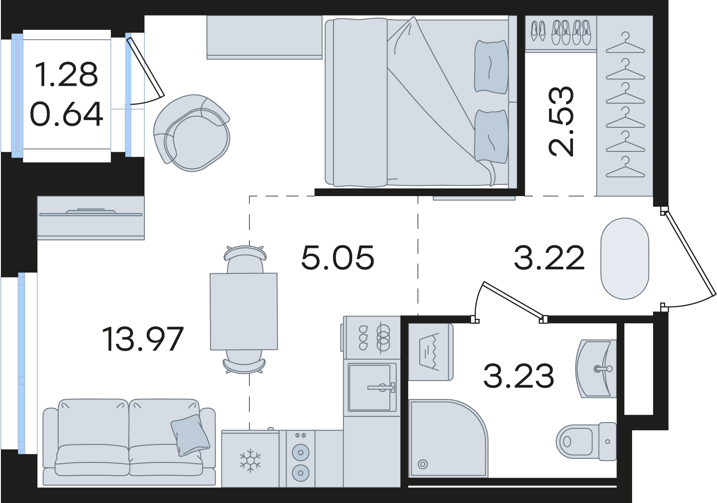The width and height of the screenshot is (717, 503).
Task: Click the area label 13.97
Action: pyautogui.click(x=143, y=339)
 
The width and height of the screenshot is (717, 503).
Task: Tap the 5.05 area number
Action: pyautogui.click(x=337, y=257)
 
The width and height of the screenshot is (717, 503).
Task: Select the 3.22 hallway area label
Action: pyautogui.click(x=549, y=257)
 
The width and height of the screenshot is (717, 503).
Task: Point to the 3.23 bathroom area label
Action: pyautogui.click(x=519, y=376)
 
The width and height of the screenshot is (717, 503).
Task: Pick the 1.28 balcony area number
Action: pyautogui.click(x=66, y=74)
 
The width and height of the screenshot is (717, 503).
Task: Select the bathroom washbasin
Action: pyautogui.click(x=596, y=369)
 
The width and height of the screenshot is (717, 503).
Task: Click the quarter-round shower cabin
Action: pyautogui.click(x=448, y=443)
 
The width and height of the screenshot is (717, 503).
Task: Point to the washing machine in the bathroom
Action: pyautogui.click(x=430, y=352)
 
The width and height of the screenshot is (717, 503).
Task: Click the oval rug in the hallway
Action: pyautogui.click(x=624, y=259)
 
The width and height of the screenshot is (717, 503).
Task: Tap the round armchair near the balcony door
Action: pyautogui.click(x=191, y=133)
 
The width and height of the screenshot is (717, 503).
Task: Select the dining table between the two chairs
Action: pyautogui.click(x=244, y=311)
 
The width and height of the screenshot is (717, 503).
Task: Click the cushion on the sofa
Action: pyautogui.click(x=190, y=435)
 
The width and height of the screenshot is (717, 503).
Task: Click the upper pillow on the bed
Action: pyautogui.click(x=491, y=67)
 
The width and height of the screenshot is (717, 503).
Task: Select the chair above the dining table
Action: pyautogui.click(x=245, y=259)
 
